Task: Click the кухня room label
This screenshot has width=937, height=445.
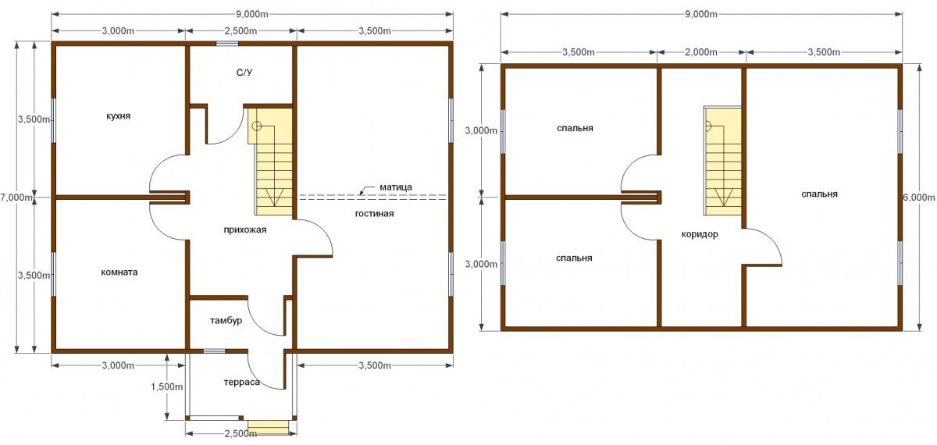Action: pos(119,116)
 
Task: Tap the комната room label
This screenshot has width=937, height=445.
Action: pos(119,272)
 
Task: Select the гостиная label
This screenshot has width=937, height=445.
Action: pos(374,214)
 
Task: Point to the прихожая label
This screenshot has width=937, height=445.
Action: pos(245,230)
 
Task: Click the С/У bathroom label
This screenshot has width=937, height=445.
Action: pos(244,73)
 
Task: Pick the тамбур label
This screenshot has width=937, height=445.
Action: pos(226,321)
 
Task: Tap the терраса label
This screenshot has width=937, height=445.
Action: pos(242,383)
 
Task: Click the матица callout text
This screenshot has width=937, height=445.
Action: pos(396,187)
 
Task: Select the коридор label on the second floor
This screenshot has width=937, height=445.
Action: pos(700,234)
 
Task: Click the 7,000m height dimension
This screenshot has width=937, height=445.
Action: pos(16,198)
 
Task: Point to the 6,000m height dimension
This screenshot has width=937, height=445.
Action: pos(919,198)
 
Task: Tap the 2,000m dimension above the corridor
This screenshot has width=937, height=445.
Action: pos(701,52)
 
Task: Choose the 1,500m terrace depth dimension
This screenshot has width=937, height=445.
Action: pos(167,387)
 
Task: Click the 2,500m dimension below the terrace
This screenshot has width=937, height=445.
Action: pos(240,434)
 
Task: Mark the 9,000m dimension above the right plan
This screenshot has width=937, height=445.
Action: pos(701,14)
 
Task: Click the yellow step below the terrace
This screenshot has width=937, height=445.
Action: pos(268,427)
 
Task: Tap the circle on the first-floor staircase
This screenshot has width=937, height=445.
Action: pos(257,126)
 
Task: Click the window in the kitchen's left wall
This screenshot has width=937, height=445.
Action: pos(54,121)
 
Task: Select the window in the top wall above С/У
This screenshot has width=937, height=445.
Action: pos(227,44)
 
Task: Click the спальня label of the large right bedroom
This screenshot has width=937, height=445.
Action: pos(819,194)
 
